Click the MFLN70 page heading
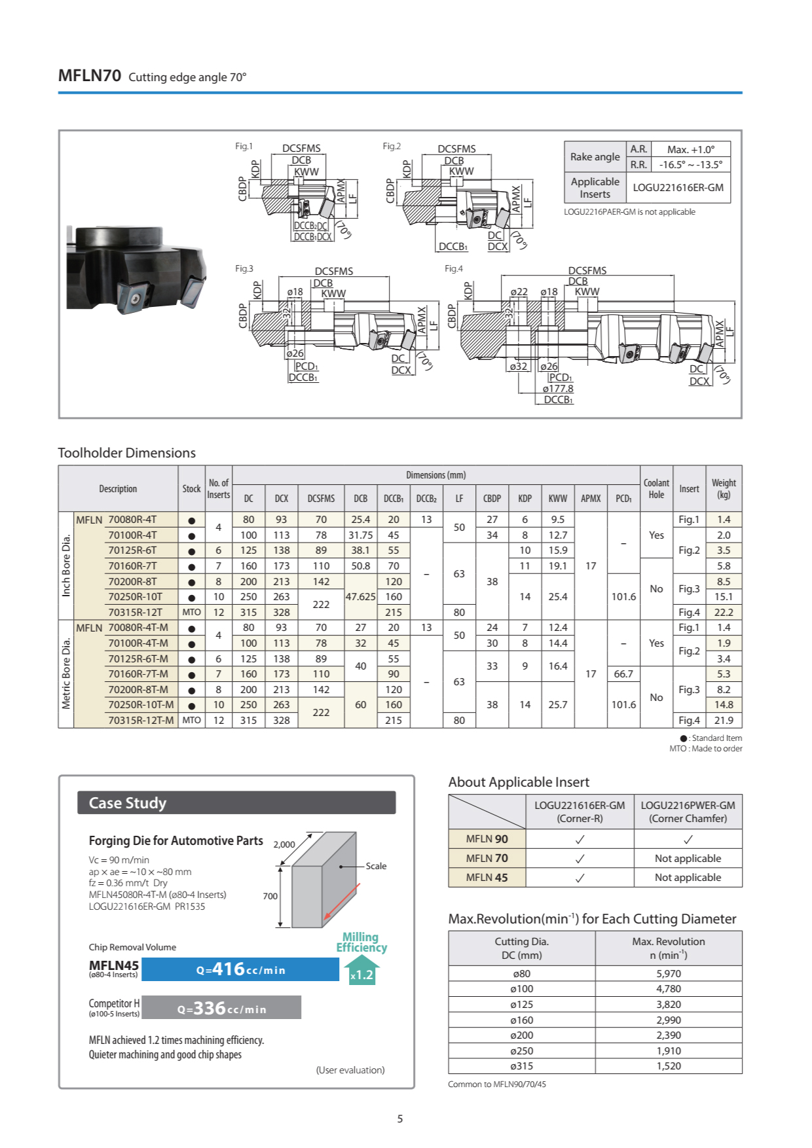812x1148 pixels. pos(90,76)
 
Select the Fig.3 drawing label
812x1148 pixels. pos(244,268)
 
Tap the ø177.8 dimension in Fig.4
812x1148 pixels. pos(557,389)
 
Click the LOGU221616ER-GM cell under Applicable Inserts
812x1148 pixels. pos(678,188)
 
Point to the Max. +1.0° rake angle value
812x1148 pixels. pos(690,149)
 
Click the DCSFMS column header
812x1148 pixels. pos(321,499)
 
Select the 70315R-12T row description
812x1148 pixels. pos(135,613)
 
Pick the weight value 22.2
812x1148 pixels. pos(724,613)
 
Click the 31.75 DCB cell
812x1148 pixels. pos(360,535)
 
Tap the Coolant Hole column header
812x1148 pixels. pos(656,489)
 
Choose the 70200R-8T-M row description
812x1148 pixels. pos(138,690)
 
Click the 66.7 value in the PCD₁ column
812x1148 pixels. pos(623,674)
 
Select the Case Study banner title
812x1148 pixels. pos(128,803)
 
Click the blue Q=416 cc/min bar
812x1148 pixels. pos(240,969)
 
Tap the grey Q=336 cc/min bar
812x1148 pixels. pos(221,1008)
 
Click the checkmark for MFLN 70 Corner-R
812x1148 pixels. pos(580,859)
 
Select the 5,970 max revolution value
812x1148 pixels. pos(669,974)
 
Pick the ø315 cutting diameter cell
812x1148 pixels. pos(522,1066)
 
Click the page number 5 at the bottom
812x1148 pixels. pos(400,1119)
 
